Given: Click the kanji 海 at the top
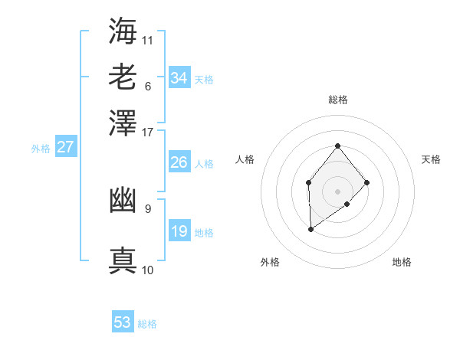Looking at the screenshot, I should pos(123,30).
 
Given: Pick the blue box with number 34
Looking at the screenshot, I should pos(179,78).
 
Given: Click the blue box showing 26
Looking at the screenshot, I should pos(179,162).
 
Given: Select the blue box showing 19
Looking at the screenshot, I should pos(179,231).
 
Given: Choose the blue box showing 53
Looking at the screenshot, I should pos(123,322).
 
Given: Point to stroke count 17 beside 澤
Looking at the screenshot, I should pos(148,131).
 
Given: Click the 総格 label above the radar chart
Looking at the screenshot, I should pos(338,100).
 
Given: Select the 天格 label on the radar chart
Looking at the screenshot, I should pos(431,159).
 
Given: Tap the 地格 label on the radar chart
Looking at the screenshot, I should pos(402,262).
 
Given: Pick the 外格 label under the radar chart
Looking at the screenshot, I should pos(270,262).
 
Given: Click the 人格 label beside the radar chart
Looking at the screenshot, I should pos(245,159).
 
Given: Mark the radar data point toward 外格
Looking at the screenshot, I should pos(310,229).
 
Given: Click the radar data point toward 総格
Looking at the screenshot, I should pos(337,146).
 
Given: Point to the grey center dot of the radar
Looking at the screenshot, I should pos(337,191).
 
